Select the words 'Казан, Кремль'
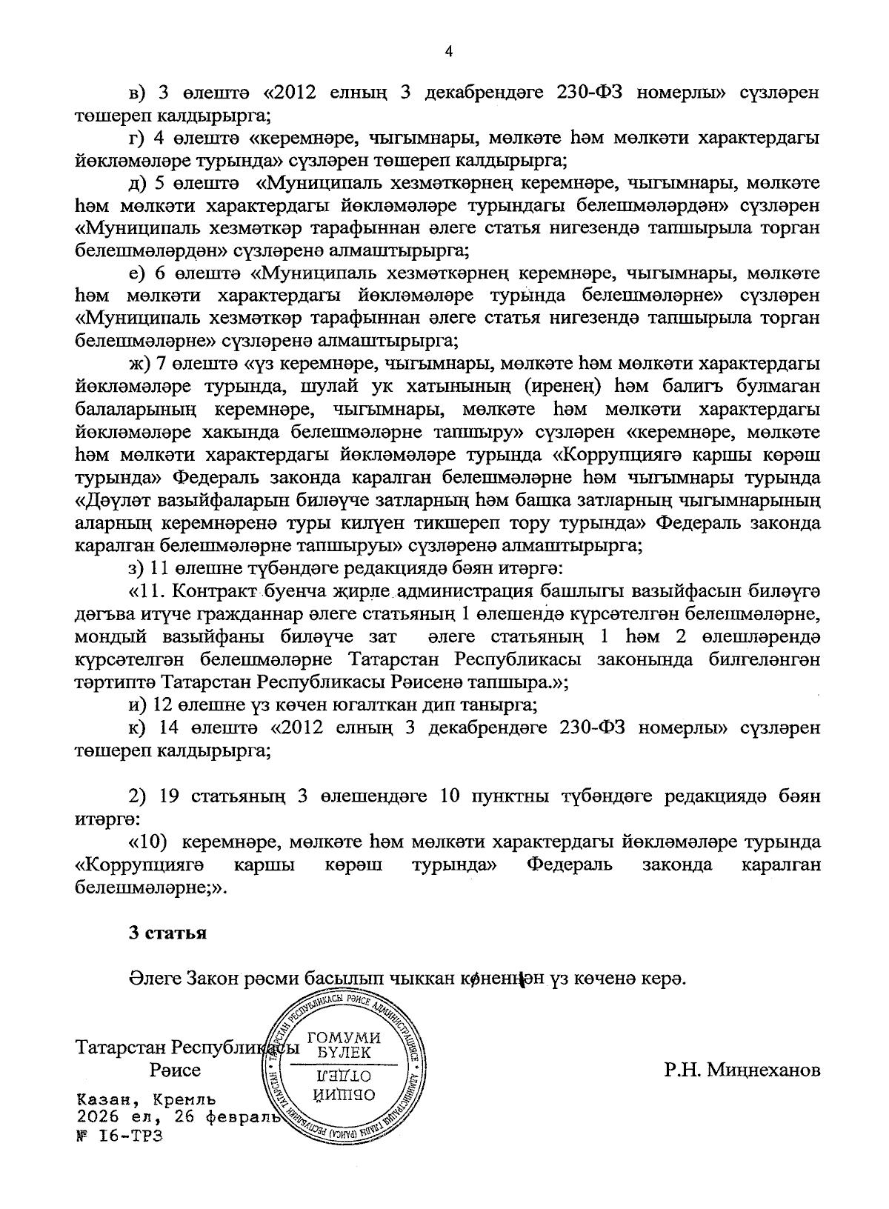[145, 1099]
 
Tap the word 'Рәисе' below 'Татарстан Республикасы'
[175, 1070]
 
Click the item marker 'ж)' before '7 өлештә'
[139, 364]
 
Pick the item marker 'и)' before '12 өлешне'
[136, 705]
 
